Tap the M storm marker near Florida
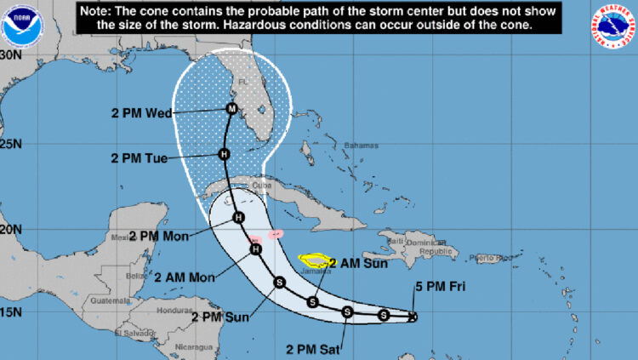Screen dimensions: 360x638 pos(231,108)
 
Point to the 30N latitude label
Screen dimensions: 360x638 pos(11,54)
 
